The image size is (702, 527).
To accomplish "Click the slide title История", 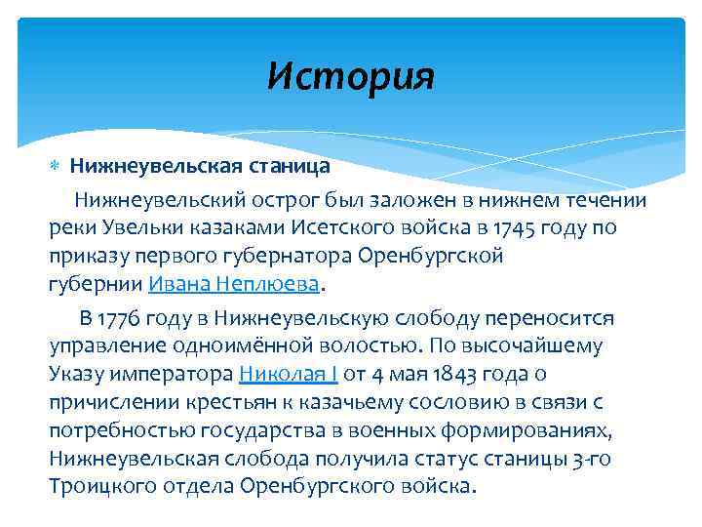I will [351, 75].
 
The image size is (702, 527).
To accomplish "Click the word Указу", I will [78, 375].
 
